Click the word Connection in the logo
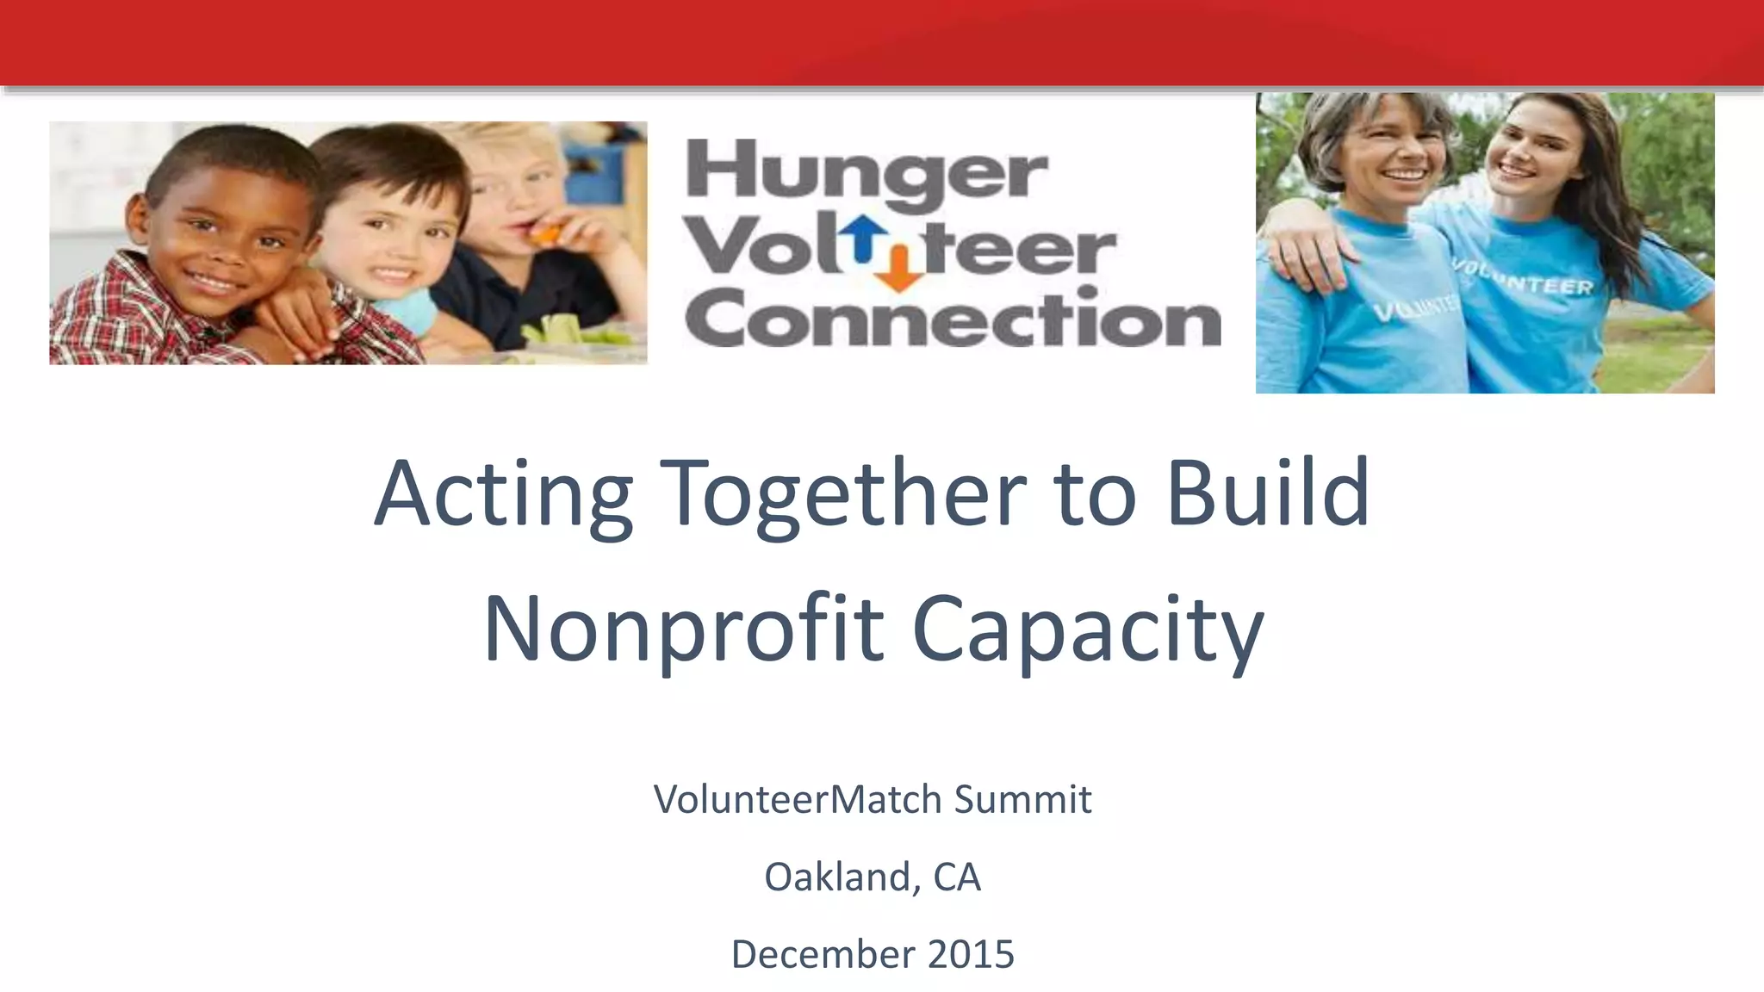point(953,318)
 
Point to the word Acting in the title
point(504,494)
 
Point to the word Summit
point(1022,799)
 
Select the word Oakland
point(836,877)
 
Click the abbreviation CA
point(957,877)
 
